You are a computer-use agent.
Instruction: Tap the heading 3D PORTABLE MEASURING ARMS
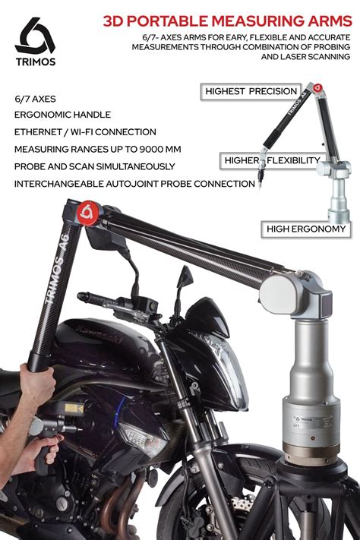[x=226, y=21]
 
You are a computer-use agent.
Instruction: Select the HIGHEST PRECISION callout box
[x=251, y=92]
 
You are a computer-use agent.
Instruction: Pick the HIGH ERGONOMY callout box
[x=306, y=228]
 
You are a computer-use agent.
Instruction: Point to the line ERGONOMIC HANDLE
[x=62, y=115]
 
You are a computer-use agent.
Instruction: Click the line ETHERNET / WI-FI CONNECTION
[x=84, y=131]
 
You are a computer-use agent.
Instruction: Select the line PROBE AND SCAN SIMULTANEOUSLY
[x=94, y=166]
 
